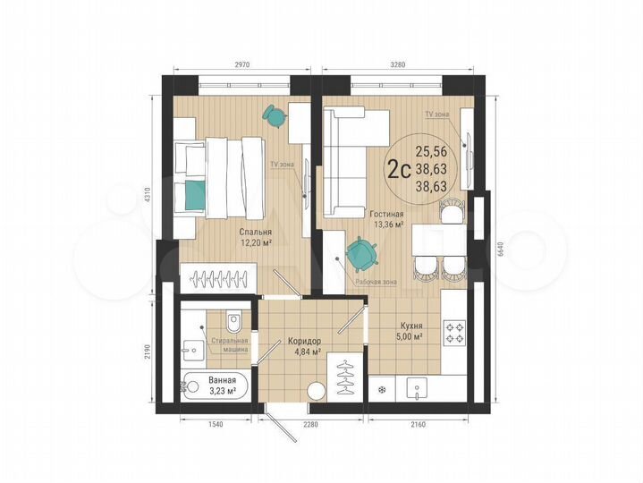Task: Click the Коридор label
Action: click(x=304, y=342)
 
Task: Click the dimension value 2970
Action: click(x=236, y=64)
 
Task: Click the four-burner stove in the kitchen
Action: click(x=454, y=333)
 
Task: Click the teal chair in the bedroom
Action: click(x=274, y=115)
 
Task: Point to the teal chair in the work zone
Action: click(x=362, y=254)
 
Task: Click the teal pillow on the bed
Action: click(x=194, y=190)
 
